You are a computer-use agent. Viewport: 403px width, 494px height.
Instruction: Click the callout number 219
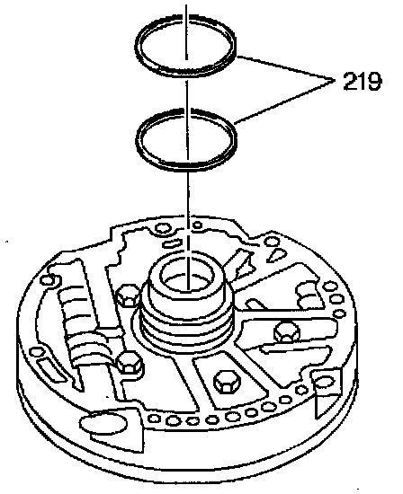[363, 82]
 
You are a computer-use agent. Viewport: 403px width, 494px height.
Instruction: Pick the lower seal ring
[186, 168]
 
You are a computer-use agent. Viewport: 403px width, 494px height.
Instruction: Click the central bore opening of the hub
[187, 278]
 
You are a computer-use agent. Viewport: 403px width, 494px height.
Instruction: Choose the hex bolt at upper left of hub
[129, 296]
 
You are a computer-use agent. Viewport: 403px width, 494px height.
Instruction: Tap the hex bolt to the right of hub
[287, 331]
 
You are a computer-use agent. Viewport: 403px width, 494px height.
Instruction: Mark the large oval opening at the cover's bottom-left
[103, 424]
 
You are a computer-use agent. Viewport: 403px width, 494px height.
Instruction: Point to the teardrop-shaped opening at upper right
[277, 254]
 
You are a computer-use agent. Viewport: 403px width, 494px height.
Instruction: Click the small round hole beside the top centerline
[197, 225]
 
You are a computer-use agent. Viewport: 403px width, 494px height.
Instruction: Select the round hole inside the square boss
[324, 382]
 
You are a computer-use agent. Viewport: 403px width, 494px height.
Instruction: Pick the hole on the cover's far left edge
[49, 279]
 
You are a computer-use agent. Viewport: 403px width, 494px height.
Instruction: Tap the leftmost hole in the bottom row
[155, 419]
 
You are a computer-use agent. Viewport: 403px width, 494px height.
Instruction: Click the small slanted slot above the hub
[172, 243]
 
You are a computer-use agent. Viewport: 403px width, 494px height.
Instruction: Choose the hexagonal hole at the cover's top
[164, 228]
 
